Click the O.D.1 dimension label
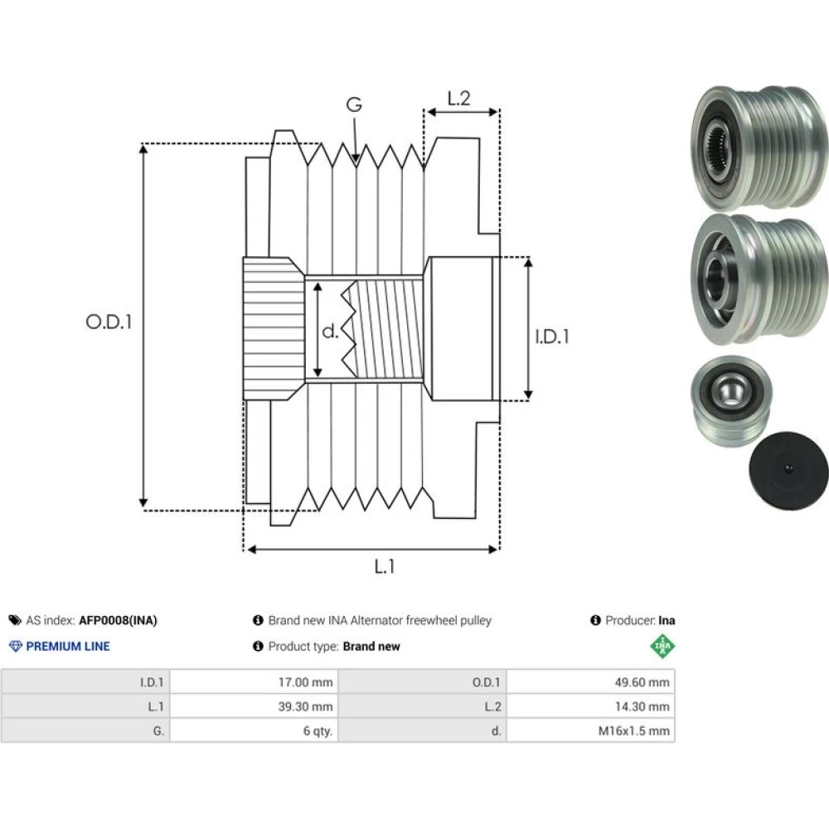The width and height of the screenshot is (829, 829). [109, 322]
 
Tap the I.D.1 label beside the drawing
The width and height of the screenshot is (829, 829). [552, 337]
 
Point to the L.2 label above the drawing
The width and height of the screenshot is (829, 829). [458, 99]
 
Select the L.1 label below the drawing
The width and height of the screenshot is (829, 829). [385, 567]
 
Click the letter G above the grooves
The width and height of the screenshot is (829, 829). [354, 104]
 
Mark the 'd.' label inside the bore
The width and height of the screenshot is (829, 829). [330, 331]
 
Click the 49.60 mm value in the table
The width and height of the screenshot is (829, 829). [642, 682]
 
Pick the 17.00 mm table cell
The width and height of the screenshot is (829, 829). [306, 682]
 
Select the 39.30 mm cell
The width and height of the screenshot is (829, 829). [306, 706]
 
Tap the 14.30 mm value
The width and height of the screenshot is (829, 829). [642, 706]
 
